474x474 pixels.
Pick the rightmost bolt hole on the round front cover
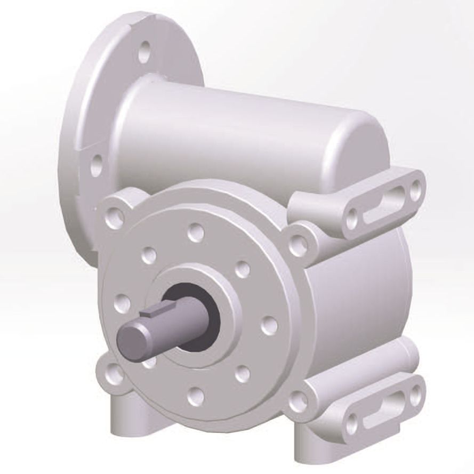pos(270,324)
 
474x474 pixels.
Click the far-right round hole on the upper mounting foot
pos(415,190)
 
